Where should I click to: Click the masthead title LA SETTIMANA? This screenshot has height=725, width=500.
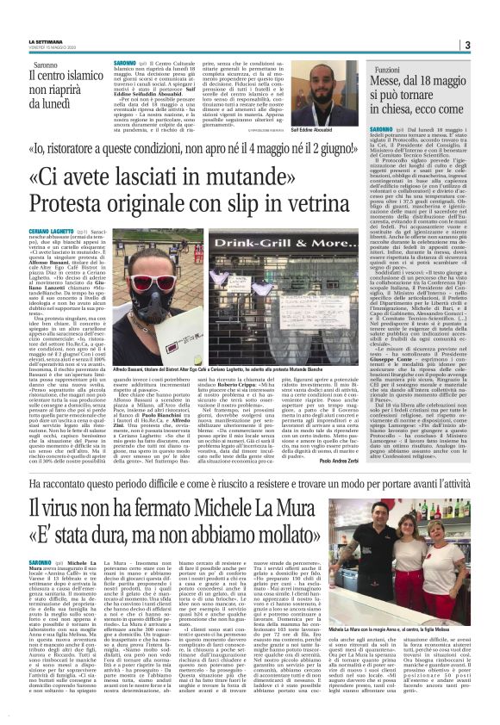45,42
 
